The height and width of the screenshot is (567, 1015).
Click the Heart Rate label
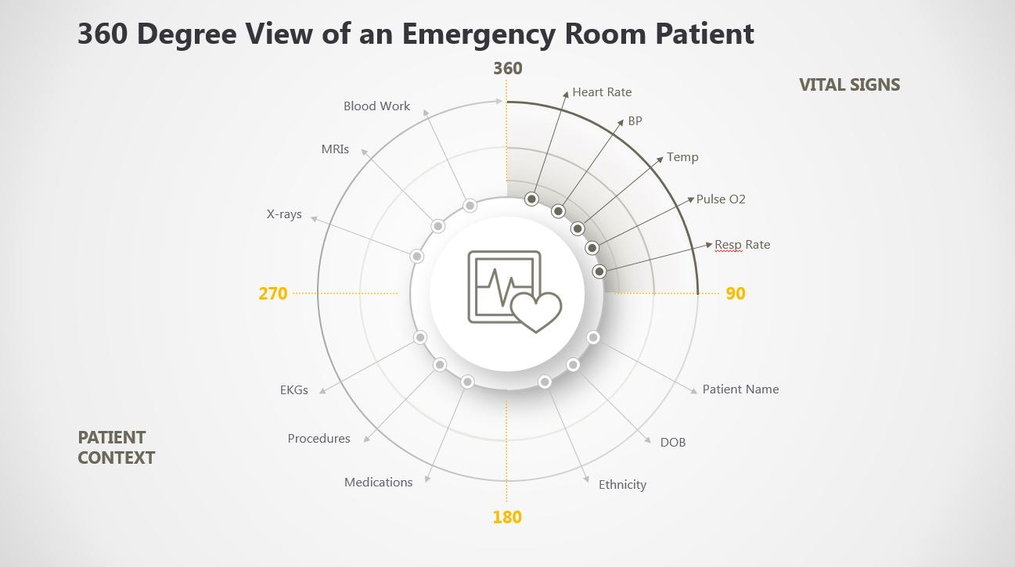(602, 92)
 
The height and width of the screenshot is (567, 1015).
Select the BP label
(635, 121)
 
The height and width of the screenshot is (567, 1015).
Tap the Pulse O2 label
(721, 199)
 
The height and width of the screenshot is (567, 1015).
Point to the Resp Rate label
(742, 245)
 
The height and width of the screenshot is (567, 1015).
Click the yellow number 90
(736, 293)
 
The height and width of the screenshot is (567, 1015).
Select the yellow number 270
(273, 293)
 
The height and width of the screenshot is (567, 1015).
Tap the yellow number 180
(507, 517)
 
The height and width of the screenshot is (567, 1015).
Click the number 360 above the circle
(507, 68)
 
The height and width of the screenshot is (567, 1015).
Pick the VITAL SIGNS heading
(850, 85)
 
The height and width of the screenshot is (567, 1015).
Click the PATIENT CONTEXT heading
(116, 448)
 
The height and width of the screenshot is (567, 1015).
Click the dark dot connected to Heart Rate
(531, 199)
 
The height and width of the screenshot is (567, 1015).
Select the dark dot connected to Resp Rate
(599, 271)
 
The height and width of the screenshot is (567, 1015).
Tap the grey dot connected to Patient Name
(593, 337)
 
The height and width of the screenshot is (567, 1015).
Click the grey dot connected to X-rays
(416, 257)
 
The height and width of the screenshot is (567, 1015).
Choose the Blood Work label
(376, 106)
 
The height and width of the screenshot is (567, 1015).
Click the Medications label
(378, 483)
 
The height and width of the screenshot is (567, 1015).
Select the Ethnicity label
(623, 485)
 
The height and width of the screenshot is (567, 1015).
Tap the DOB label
(673, 443)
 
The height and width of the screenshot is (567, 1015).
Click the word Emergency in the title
(478, 34)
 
